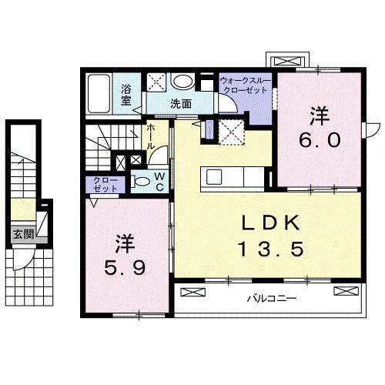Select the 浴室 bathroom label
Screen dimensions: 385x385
click(x=126, y=94)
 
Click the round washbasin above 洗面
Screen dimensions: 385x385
click(x=182, y=82)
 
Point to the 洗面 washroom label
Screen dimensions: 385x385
click(x=181, y=103)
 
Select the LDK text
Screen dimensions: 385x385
click(x=268, y=222)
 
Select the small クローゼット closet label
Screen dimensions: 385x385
click(x=101, y=186)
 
